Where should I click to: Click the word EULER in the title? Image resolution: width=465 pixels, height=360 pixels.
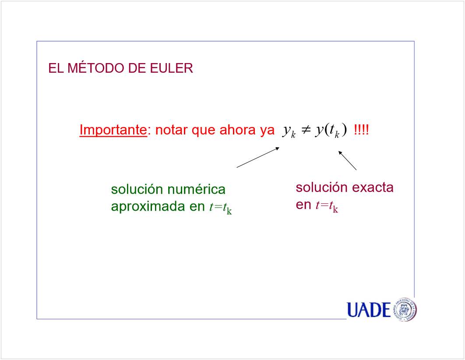coord(171,68)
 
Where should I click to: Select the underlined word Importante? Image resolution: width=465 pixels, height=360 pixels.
coord(113,130)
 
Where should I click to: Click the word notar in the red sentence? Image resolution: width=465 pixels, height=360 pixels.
coord(172,130)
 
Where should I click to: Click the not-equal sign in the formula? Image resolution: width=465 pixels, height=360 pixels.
coord(306,130)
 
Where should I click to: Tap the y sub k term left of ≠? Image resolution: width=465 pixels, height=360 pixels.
coord(289,131)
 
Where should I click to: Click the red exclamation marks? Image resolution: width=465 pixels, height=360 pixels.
coord(362,130)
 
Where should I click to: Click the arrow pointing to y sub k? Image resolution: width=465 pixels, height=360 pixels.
coord(258,158)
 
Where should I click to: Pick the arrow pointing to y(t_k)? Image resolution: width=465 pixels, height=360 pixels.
coord(347,160)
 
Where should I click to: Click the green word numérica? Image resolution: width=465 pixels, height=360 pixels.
coord(196,189)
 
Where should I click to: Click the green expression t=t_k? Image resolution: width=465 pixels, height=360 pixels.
coord(220,207)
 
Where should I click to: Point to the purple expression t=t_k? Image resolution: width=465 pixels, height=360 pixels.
coord(327,206)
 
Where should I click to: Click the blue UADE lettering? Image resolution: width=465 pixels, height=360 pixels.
coord(369,310)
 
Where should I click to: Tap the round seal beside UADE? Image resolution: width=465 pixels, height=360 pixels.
coord(405,309)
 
